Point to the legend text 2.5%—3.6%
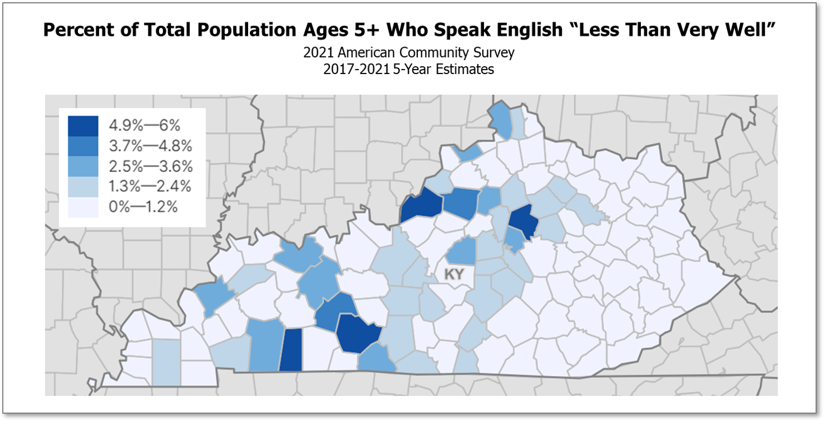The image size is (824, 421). [150, 166]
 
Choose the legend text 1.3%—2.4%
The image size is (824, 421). [150, 187]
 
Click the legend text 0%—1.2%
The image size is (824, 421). [143, 207]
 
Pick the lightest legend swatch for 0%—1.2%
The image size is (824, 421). [83, 207]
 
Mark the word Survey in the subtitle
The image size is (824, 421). [496, 53]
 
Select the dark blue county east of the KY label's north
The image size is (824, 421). [523, 220]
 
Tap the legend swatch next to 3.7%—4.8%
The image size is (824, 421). [83, 146]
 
